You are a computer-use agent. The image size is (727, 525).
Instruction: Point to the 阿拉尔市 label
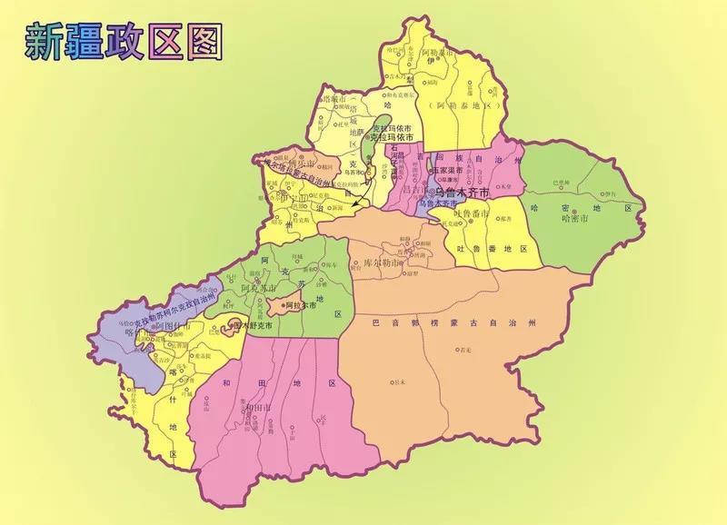(x=300, y=306)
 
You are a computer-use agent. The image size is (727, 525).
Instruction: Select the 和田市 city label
(x=255, y=407)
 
